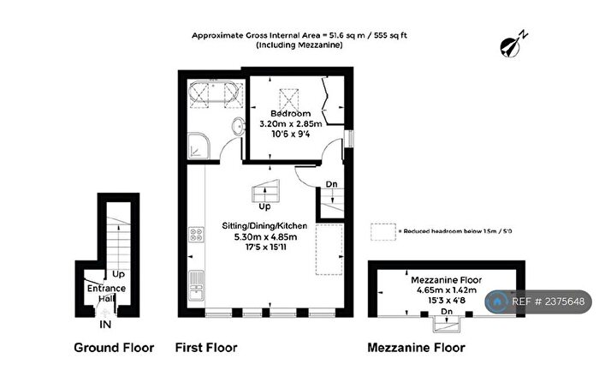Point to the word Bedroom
(x=290, y=113)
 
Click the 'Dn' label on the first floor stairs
(x=330, y=184)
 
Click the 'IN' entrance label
(x=104, y=325)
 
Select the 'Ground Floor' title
(x=114, y=348)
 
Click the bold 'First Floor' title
(x=206, y=348)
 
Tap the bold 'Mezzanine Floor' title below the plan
(x=416, y=348)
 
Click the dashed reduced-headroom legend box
(x=384, y=230)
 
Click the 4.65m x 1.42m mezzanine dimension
(x=446, y=290)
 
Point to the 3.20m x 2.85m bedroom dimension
(x=290, y=124)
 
